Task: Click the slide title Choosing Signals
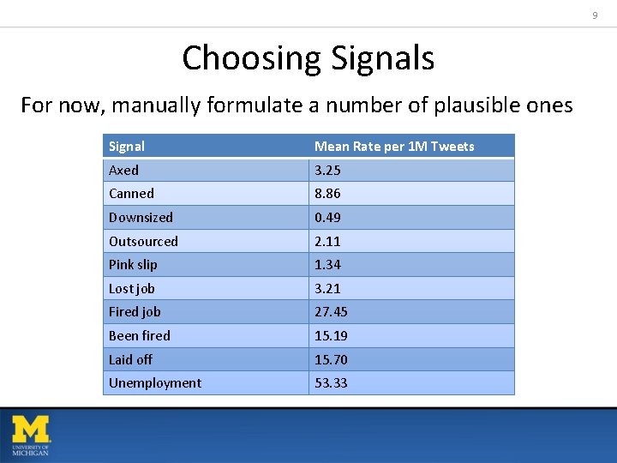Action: coord(308,58)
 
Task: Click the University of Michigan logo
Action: coord(31,435)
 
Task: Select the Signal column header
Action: coord(127,147)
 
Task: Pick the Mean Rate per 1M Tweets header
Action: coord(394,147)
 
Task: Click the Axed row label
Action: coord(123,171)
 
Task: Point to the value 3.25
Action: coord(327,171)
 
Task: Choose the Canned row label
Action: coord(131,194)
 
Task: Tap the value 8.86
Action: coord(327,194)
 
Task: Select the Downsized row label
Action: coord(141,218)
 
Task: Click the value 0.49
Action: coord(327,218)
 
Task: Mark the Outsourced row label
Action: coord(143,242)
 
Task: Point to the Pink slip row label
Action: coord(133,265)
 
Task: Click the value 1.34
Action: coord(327,265)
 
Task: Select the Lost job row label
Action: coord(132,289)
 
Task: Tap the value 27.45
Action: coord(331,312)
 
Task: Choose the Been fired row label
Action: coord(139,336)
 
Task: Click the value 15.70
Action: coord(331,360)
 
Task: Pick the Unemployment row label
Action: coord(155,383)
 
